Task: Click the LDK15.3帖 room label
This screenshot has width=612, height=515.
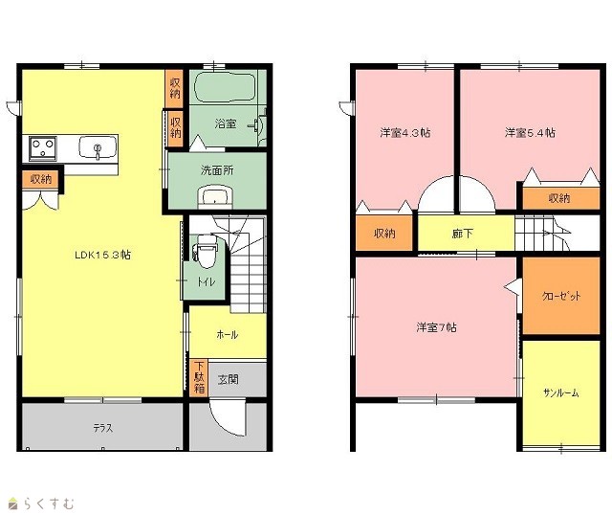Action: [102, 255]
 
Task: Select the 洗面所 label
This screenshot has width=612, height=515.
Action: [217, 170]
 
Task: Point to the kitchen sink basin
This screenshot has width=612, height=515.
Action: [98, 146]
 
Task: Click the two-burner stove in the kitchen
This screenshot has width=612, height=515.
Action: [42, 148]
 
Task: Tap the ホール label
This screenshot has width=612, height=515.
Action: [227, 334]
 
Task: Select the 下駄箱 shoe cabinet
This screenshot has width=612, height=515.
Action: [199, 377]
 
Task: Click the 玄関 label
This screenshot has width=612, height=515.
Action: [228, 379]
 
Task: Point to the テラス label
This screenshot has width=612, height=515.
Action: [103, 428]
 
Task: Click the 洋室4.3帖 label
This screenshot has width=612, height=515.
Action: [405, 133]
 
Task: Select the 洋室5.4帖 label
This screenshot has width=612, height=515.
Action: [530, 133]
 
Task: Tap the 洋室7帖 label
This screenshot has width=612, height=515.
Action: [436, 327]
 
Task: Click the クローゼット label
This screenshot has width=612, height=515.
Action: [561, 296]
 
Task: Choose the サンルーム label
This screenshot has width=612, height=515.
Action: [561, 393]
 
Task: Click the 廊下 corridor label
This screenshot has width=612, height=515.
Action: [463, 234]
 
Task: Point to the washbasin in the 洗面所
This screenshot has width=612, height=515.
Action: [215, 196]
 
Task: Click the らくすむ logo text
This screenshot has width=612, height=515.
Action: [49, 504]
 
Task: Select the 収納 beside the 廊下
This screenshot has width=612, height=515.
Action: [384, 233]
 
